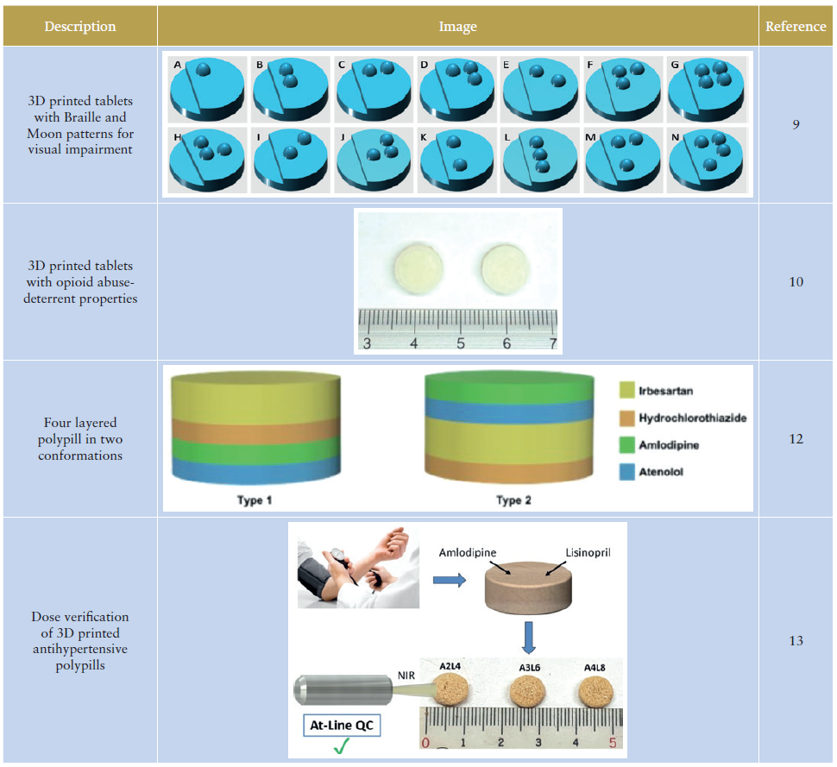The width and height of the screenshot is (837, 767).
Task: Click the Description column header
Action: click(x=79, y=26)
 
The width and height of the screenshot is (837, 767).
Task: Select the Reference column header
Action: click(x=796, y=26)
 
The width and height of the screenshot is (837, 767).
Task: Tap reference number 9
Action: click(x=796, y=125)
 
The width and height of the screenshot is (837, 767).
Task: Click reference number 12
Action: click(x=796, y=439)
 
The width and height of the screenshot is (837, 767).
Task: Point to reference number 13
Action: click(x=796, y=640)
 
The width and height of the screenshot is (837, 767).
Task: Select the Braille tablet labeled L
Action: click(x=539, y=160)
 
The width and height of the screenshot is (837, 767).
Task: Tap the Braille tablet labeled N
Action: click(x=707, y=160)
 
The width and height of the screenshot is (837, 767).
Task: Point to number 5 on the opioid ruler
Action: click(x=461, y=343)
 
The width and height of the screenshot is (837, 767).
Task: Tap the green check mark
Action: click(x=343, y=747)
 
